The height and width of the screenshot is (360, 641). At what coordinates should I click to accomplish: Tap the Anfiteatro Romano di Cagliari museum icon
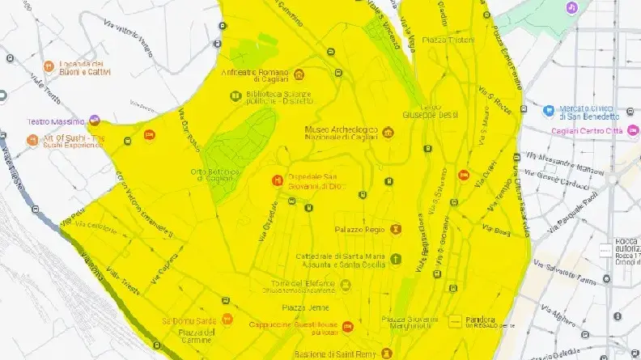pos(300,74)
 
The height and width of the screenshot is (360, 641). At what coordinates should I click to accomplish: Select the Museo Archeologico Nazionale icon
pos(388,132)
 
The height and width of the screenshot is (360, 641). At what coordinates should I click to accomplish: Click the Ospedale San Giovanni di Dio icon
pos(278,178)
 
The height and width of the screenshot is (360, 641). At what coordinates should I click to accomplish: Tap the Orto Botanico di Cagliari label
pos(214,175)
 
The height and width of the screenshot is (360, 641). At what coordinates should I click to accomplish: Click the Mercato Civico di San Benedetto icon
pos(548,110)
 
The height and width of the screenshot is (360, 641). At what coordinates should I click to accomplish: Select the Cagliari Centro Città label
pos(584,130)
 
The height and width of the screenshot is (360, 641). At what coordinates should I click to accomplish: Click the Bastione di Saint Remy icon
pos(386,354)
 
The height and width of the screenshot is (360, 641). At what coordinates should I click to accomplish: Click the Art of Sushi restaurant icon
pos(33,140)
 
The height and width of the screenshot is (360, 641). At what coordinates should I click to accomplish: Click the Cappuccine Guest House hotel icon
pos(347,326)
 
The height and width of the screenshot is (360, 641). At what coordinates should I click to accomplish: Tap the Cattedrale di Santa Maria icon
pos(395,259)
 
